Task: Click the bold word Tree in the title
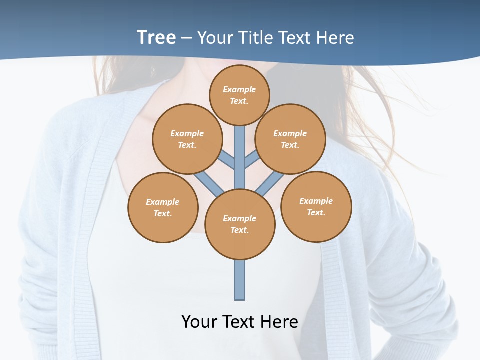(x=156, y=37)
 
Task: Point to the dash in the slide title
(x=186, y=38)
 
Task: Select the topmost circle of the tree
(x=240, y=95)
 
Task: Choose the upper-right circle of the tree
(x=290, y=139)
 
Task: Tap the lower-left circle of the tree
(x=163, y=207)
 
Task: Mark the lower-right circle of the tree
(x=316, y=206)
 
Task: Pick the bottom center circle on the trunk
(x=240, y=224)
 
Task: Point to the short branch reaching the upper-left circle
(x=227, y=161)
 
